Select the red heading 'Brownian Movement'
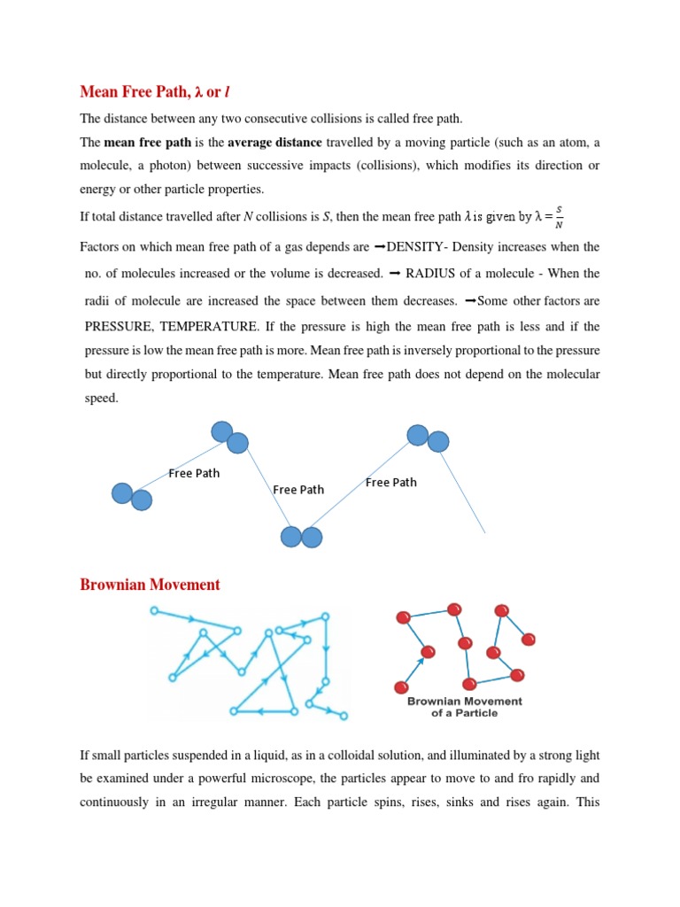pos(150,585)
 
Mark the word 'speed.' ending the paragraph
pos(101,399)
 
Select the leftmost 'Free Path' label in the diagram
pos(194,473)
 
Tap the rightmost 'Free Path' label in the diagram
pos(390,483)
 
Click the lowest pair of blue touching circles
pos(301,537)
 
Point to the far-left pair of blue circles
pos(131,497)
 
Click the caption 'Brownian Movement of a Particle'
pos(464,707)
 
